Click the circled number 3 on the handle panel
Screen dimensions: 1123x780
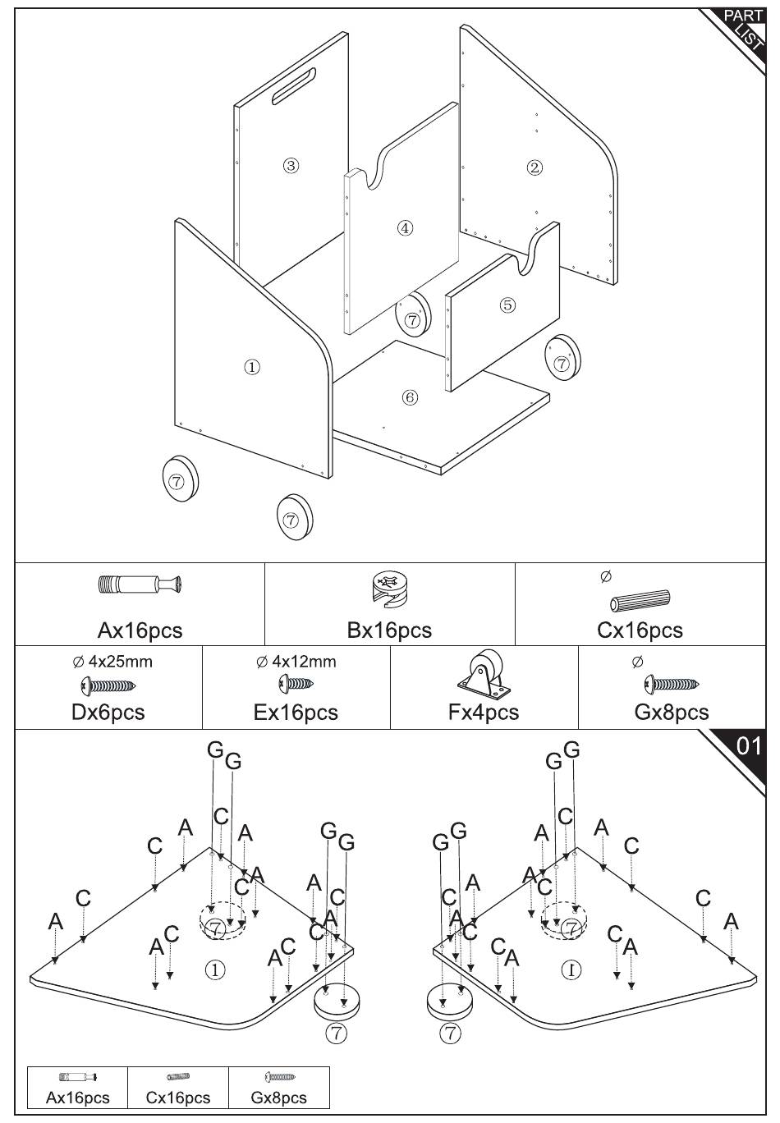coord(291,165)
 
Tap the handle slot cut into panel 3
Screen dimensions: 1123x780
coord(295,85)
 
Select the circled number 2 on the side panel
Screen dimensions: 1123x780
coord(535,167)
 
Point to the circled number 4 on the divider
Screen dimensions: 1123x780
coord(405,228)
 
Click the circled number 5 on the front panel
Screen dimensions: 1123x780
coord(507,305)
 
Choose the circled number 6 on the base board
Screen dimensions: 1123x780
coord(410,398)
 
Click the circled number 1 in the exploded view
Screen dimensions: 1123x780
coord(252,367)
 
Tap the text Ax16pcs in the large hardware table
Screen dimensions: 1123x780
coord(140,630)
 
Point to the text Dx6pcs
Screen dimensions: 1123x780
coord(108,712)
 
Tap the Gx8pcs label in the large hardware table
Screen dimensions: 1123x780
coord(671,712)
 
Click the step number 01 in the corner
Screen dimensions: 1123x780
coord(748,746)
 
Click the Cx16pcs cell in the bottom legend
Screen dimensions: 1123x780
coord(178,1098)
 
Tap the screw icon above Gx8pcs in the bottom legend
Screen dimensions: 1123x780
coord(279,1077)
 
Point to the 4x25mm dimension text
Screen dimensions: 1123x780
coord(112,662)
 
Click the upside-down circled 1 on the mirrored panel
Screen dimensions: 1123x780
coord(571,969)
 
